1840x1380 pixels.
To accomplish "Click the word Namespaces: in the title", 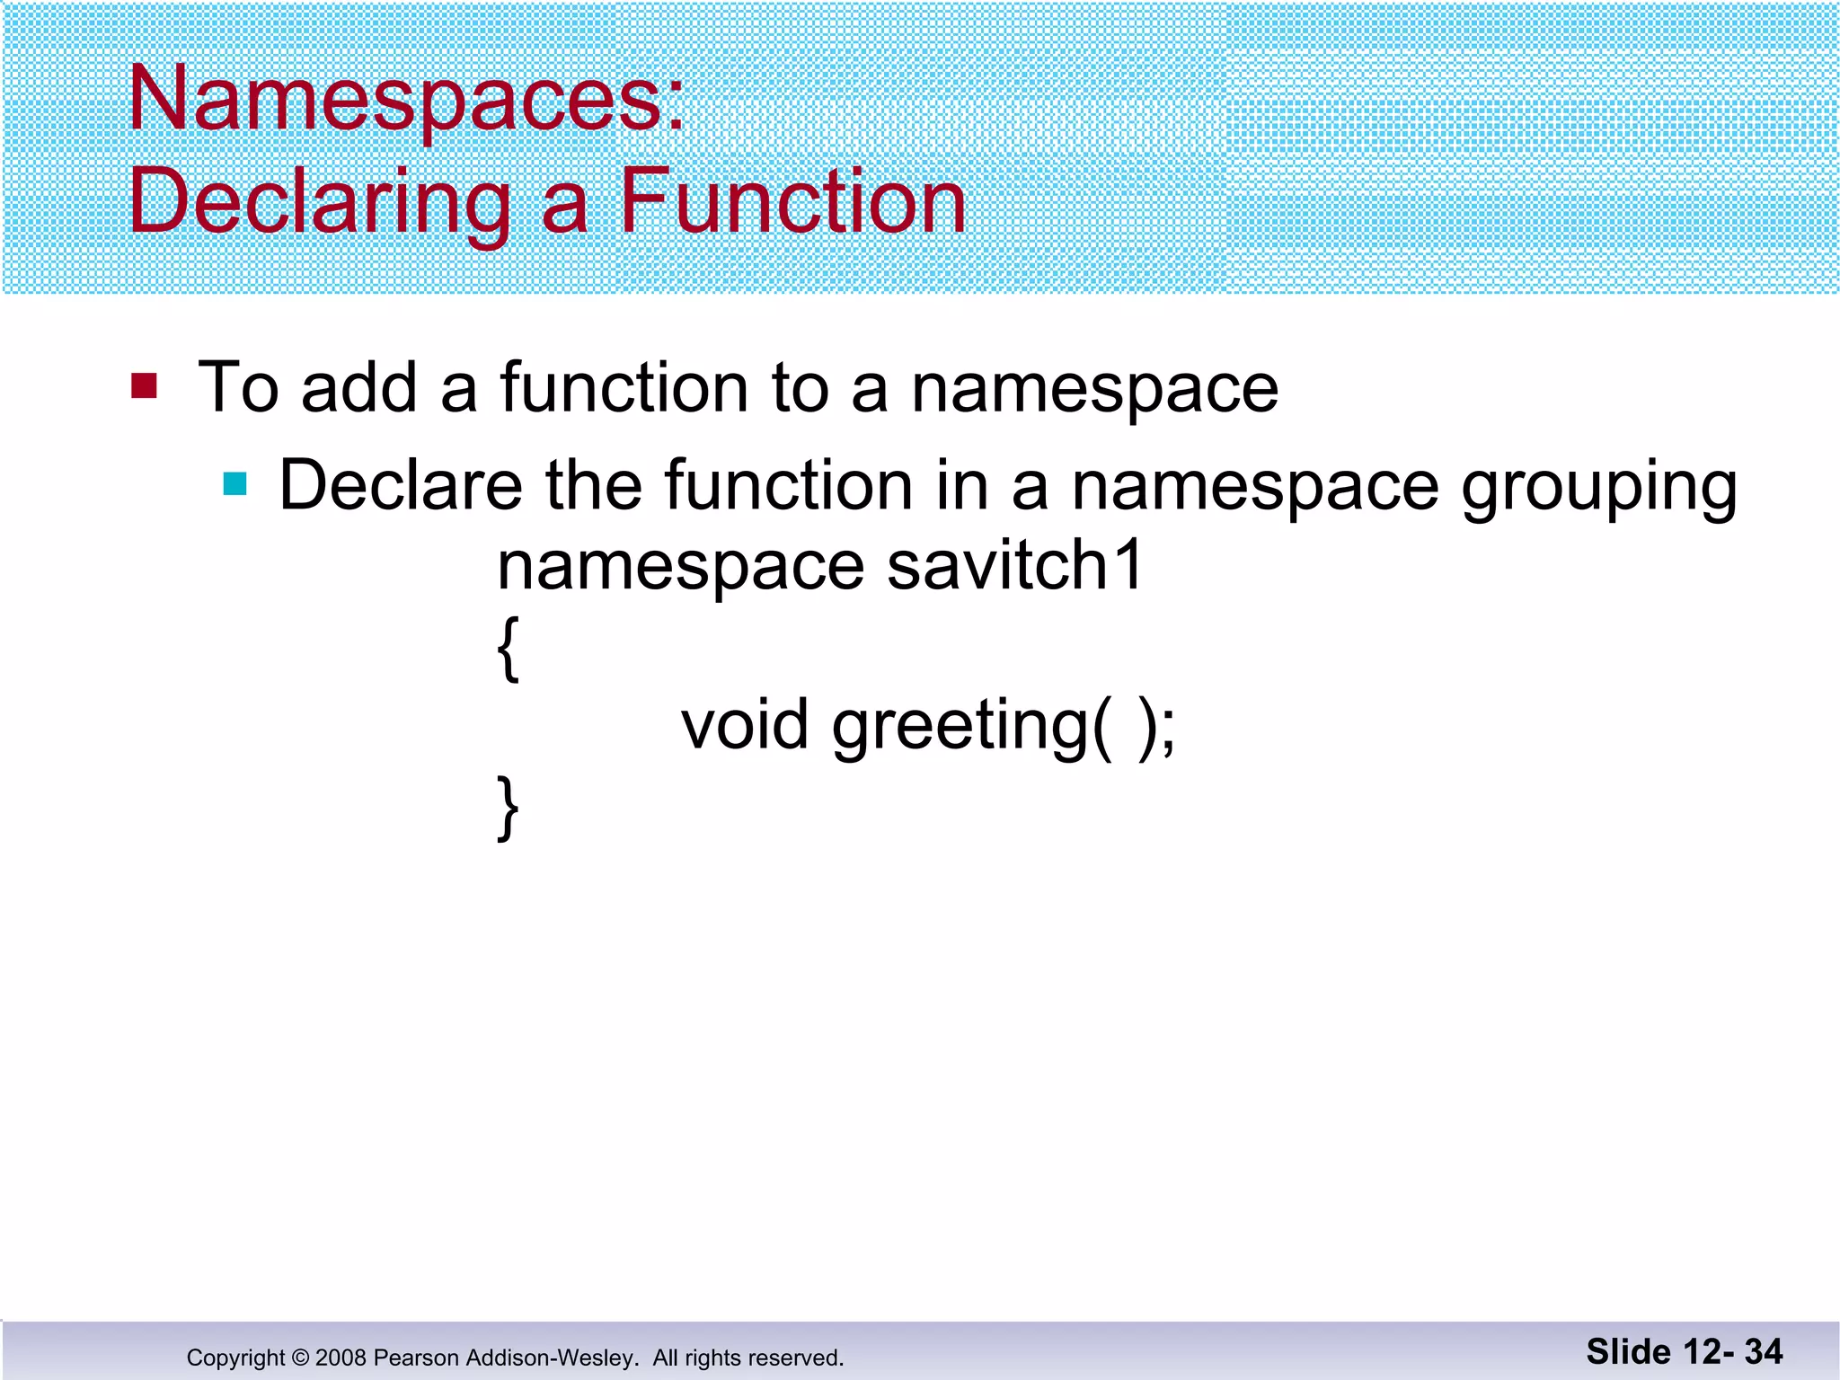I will click(406, 99).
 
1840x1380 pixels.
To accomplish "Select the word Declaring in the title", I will click(319, 202).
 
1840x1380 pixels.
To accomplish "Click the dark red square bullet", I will click(144, 385).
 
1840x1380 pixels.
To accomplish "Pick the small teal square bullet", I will click(235, 484).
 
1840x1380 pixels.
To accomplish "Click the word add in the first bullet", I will click(358, 388).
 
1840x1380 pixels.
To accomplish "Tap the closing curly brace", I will click(508, 808).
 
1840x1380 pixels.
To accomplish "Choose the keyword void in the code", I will click(745, 725).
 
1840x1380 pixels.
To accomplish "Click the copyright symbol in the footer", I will click(300, 1358).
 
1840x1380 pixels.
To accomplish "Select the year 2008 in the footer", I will click(341, 1358).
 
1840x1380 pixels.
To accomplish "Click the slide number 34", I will click(1764, 1351).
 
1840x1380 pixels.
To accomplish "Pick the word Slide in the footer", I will click(1628, 1351).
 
